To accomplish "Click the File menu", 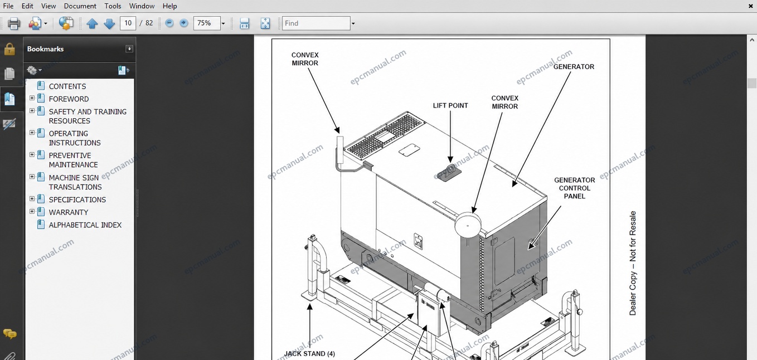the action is click(8, 6).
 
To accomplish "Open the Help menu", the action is click(169, 6).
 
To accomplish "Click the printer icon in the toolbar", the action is click(14, 23).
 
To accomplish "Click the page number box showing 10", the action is click(128, 23).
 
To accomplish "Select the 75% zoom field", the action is click(206, 23).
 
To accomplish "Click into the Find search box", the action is click(316, 23).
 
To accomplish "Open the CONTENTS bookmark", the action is click(67, 86).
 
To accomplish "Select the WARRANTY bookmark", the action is click(68, 212).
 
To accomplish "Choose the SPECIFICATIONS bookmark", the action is click(77, 200).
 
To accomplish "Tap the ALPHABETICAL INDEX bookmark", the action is click(85, 225).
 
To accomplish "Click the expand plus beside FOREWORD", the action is click(32, 98).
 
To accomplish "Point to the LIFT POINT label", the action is click(450, 105).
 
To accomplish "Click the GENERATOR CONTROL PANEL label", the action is click(575, 188).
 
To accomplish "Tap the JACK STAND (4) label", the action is click(309, 353).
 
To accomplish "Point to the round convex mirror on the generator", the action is click(468, 225).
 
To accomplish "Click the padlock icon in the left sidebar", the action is click(9, 49).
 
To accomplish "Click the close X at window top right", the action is click(750, 6).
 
